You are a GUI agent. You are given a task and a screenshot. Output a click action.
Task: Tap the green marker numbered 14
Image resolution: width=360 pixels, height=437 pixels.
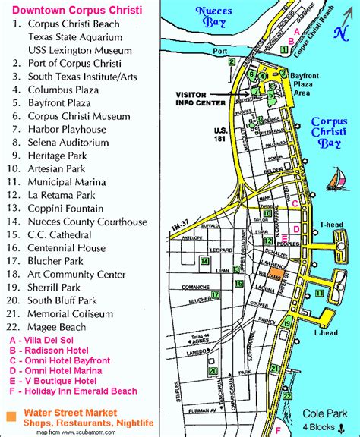coord(204,261)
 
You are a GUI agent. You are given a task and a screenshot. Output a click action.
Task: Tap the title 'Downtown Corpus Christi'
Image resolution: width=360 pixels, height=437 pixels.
coord(69,9)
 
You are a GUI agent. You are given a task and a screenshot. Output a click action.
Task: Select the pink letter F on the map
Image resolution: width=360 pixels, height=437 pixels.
coord(278,429)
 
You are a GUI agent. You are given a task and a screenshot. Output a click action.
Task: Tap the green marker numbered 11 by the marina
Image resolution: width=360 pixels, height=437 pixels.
coord(319,294)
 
